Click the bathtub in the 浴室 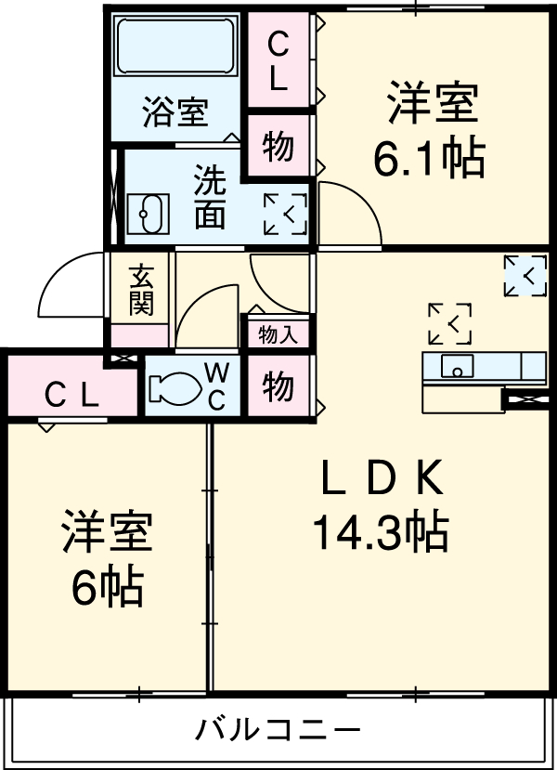[175, 51]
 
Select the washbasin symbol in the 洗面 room [147, 214]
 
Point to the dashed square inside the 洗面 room [284, 214]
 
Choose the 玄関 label [141, 289]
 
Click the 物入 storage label [278, 334]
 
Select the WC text [215, 386]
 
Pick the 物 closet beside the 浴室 [278, 147]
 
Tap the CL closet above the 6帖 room [72, 397]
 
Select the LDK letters [380, 479]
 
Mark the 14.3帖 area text [380, 533]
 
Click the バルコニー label [277, 729]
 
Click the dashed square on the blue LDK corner [525, 276]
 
